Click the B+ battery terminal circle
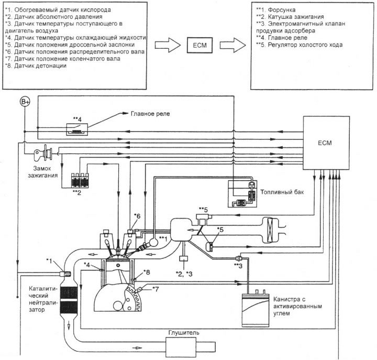tap(25, 102)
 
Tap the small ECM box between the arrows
tap(200, 45)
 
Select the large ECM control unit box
tap(326, 143)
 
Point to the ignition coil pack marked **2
tap(80, 180)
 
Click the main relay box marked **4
tap(77, 129)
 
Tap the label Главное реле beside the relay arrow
tap(150, 114)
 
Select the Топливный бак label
tap(282, 192)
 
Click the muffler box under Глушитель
tap(181, 347)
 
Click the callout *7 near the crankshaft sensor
tap(156, 289)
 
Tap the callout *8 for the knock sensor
tap(147, 272)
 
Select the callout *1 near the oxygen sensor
tap(49, 261)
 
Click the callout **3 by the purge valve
tap(238, 266)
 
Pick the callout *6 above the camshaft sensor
tap(137, 216)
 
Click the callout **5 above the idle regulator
tap(203, 210)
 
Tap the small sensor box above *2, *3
tap(184, 259)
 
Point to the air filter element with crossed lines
tap(270, 230)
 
